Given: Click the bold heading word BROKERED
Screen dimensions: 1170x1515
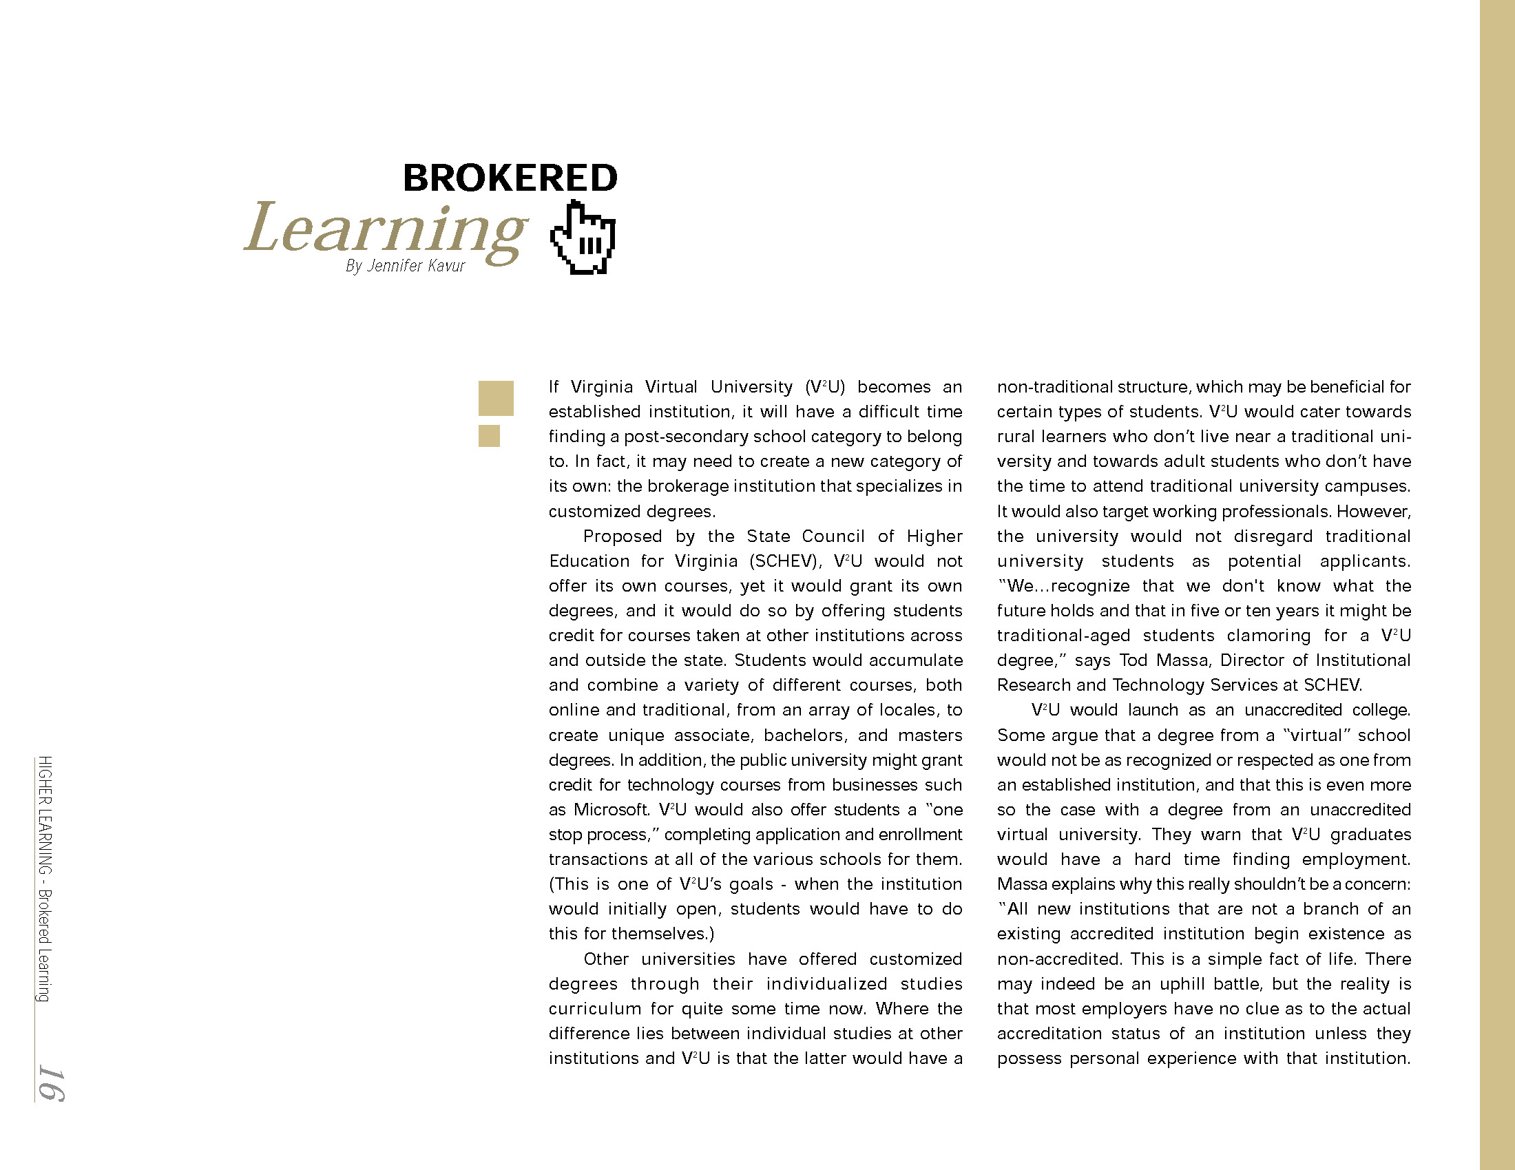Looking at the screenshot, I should point(510,178).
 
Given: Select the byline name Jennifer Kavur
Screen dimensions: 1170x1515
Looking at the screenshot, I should point(415,266).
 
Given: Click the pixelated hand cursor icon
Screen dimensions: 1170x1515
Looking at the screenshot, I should point(583,238).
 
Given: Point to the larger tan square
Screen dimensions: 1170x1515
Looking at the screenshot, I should point(496,398).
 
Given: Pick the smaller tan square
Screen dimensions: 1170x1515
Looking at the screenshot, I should point(489,435).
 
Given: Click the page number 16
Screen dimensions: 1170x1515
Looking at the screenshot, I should point(51,1083).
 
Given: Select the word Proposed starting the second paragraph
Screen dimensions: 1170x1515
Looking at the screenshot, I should point(623,536).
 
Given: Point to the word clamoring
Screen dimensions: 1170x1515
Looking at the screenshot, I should point(1268,636).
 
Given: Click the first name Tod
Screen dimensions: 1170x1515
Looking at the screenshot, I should point(1133,660).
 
